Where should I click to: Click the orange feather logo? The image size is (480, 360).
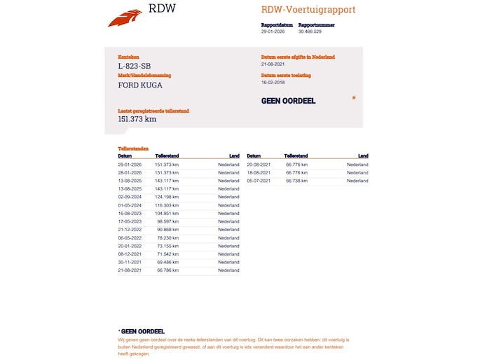[125, 18]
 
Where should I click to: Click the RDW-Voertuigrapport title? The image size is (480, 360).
[308, 10]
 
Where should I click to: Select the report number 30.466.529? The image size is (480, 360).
[310, 32]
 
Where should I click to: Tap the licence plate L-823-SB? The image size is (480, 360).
[134, 66]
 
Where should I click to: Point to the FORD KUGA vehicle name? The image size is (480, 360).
[140, 85]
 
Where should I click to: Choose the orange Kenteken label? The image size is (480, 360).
[129, 57]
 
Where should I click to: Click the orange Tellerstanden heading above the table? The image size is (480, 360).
[133, 148]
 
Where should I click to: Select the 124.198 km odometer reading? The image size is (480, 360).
[167, 198]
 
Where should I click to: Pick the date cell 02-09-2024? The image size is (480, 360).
[130, 198]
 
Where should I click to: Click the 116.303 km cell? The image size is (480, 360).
[167, 205]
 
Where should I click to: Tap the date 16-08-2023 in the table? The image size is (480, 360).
[130, 214]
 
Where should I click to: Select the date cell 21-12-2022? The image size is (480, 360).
[130, 230]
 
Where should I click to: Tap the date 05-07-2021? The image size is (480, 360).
[259, 181]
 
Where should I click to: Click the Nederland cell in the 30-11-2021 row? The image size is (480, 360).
[228, 262]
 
